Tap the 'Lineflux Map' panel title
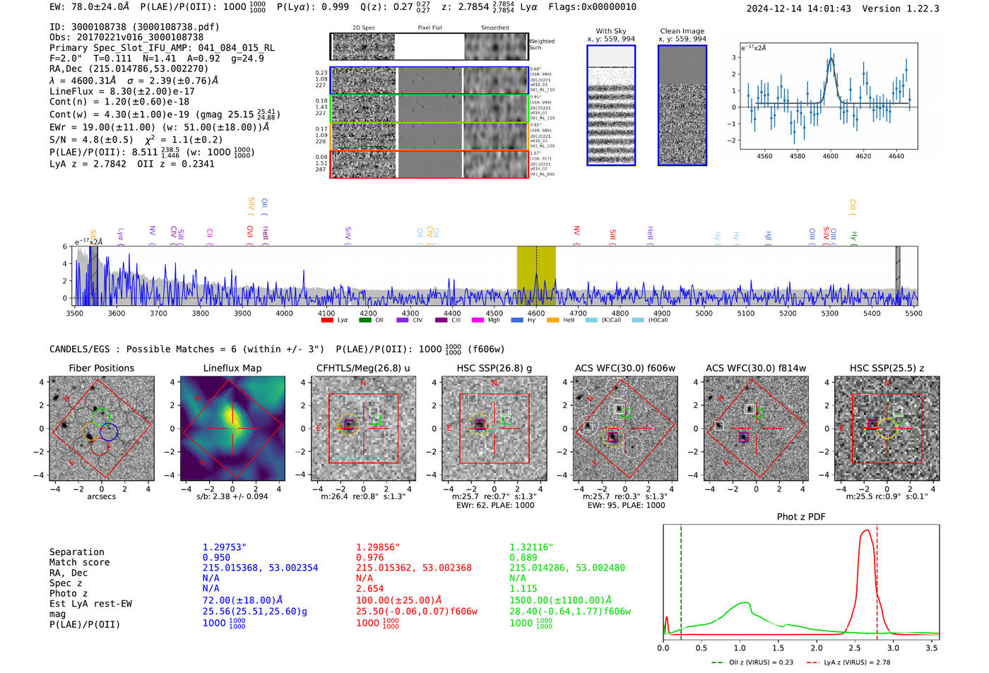click(x=232, y=368)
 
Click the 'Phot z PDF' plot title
click(x=800, y=517)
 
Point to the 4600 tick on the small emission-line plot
click(x=830, y=156)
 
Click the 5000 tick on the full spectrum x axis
click(x=704, y=314)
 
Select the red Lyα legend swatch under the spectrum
click(x=327, y=321)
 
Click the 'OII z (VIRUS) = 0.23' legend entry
click(x=753, y=662)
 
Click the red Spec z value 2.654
click(x=369, y=588)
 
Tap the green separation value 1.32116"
click(x=531, y=547)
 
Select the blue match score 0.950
click(x=216, y=558)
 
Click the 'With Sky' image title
click(x=610, y=31)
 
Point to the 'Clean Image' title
click(x=682, y=31)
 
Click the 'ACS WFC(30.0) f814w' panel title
click(x=755, y=368)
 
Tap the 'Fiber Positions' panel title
click(x=101, y=368)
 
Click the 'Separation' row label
click(x=76, y=552)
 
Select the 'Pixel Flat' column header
click(x=430, y=28)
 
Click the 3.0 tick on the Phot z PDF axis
click(x=893, y=648)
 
